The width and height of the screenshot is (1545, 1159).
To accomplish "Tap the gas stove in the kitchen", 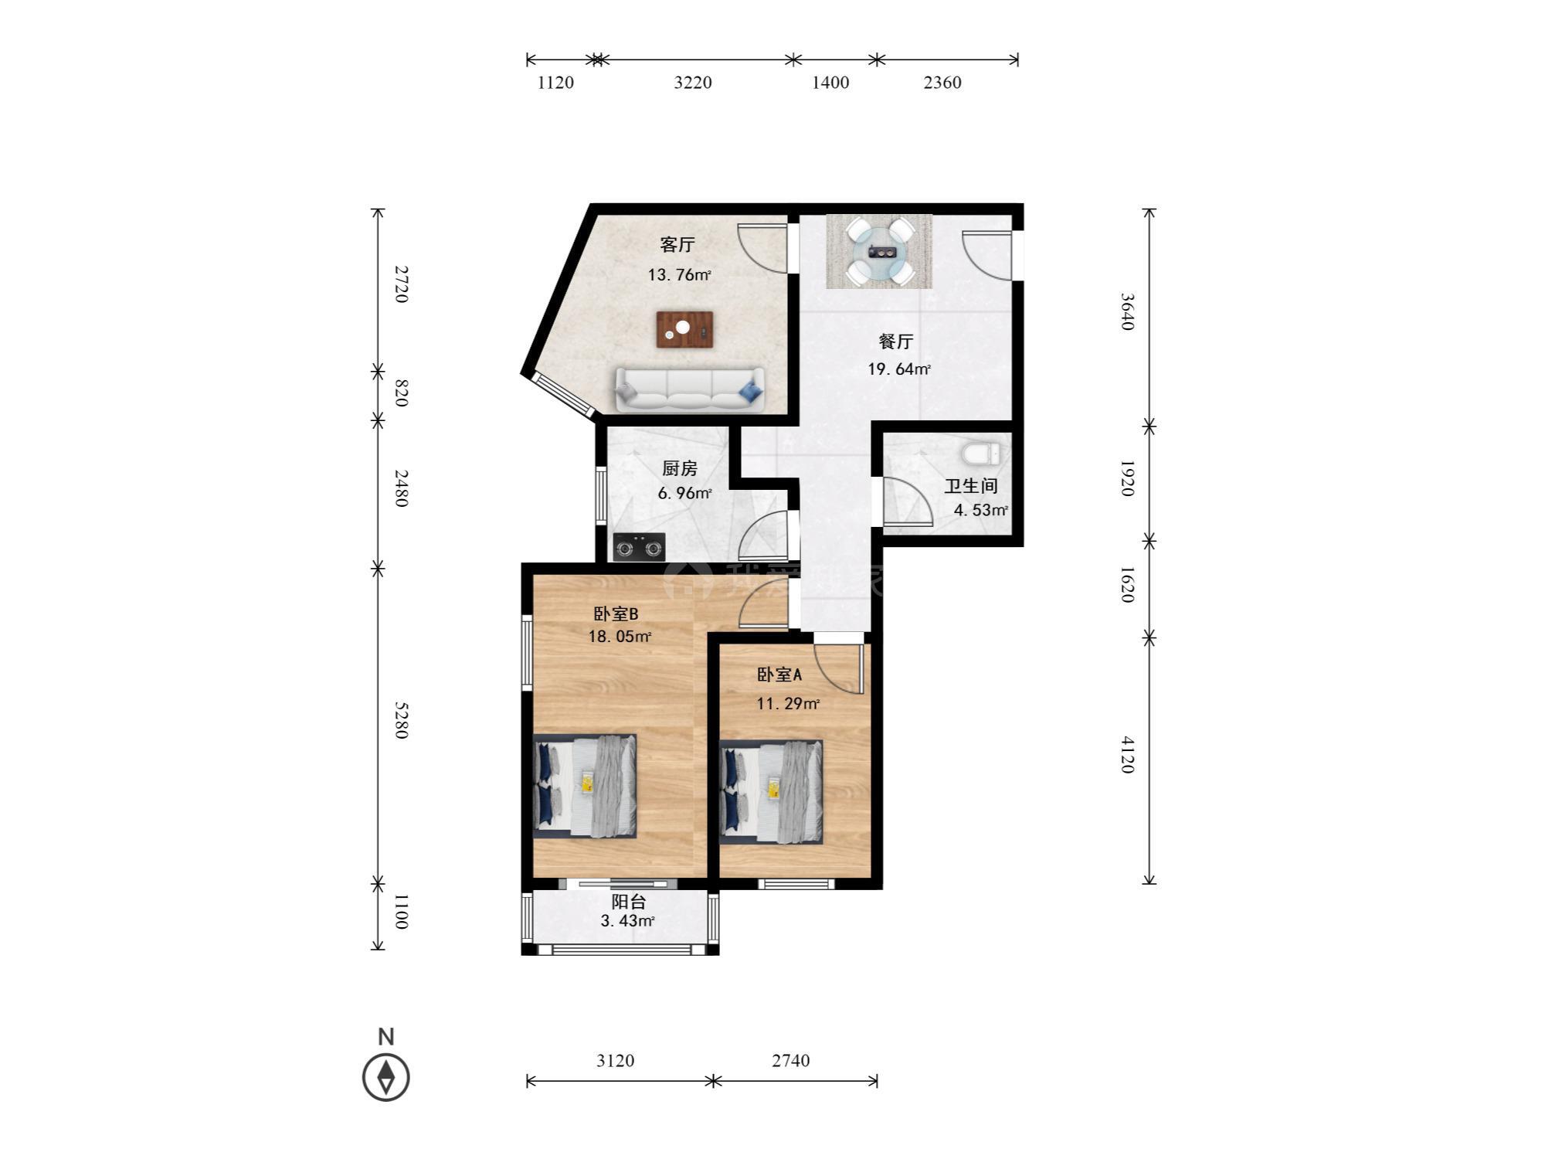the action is pos(639,547).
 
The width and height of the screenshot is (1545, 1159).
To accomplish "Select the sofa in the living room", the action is pos(690,389).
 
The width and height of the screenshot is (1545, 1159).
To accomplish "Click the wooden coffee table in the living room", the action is pos(684,330).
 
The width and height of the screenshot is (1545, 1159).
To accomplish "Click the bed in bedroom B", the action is pos(585,786).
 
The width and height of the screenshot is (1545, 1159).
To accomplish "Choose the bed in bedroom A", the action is pos(771,792).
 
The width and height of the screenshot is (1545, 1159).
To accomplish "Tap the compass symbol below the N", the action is pos(386,1077).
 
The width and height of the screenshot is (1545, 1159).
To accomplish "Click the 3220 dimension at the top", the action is pos(693,83).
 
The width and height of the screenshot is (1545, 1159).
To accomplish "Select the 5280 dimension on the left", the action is pos(401,720).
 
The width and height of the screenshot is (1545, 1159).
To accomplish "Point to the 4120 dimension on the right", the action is pos(1127,755).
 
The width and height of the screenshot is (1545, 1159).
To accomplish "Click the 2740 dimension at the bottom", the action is pos(790,1060).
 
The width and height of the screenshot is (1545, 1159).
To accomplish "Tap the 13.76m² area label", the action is pos(679,274).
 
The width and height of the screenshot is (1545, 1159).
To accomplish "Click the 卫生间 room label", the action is pos(971,486).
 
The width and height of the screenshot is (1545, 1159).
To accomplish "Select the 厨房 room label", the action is pos(680,468).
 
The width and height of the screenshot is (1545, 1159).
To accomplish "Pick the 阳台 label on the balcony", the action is pos(629,902).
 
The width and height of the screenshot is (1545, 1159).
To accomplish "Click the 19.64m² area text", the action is pos(899,369).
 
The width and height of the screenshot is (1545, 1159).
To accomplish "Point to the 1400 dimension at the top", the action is pos(830,83).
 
